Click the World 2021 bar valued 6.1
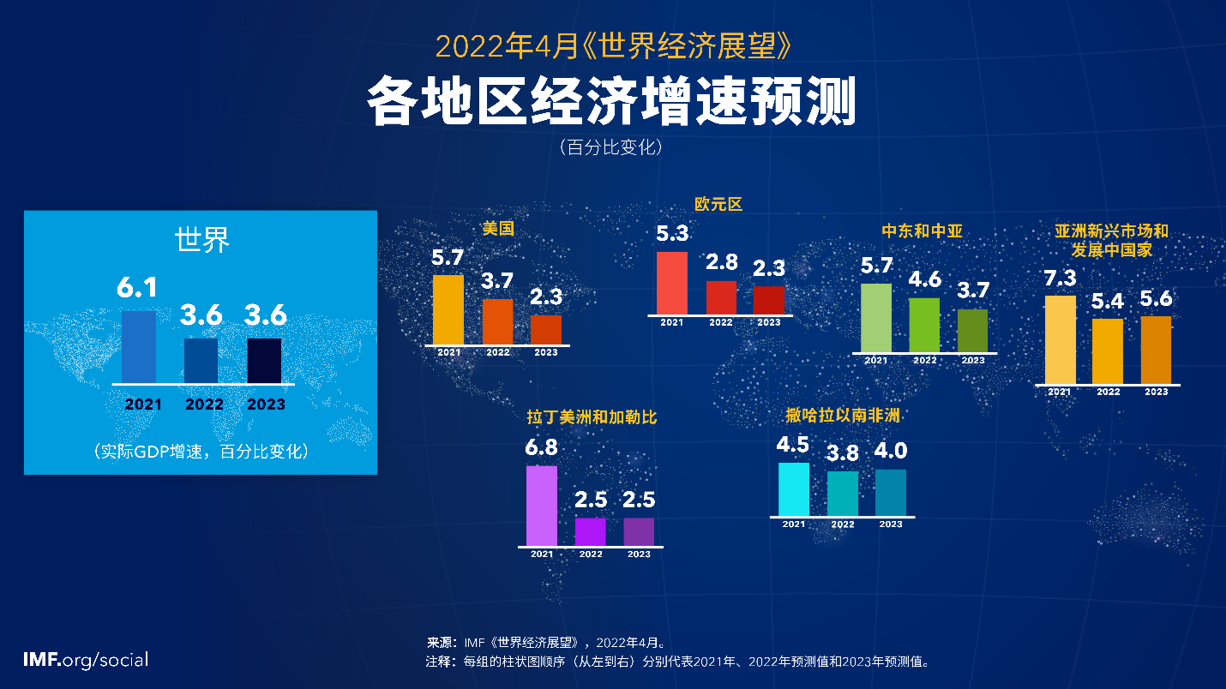(139, 346)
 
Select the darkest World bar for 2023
(264, 360)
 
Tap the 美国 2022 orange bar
(497, 321)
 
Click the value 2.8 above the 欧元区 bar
(721, 263)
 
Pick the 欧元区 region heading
(718, 204)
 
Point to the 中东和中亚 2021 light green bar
(875, 317)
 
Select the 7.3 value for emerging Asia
(1060, 279)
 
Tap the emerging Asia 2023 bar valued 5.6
(1156, 350)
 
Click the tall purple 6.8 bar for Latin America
(541, 506)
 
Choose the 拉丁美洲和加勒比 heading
(592, 418)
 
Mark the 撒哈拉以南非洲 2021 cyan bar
(793, 489)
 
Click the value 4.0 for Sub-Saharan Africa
(890, 451)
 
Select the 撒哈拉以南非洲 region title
(843, 416)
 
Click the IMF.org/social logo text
(86, 660)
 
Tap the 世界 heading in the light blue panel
(202, 240)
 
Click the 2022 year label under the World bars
(204, 404)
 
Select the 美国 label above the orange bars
(498, 229)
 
